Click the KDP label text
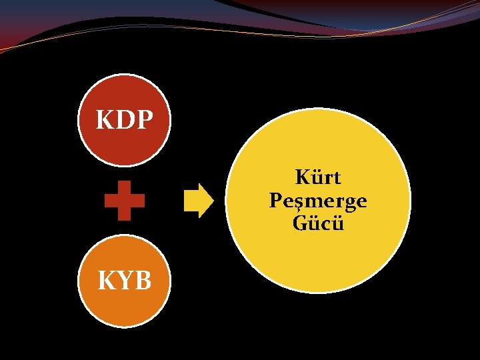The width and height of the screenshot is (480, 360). click(125, 120)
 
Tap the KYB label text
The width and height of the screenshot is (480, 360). click(125, 281)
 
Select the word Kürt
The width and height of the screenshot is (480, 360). click(318, 178)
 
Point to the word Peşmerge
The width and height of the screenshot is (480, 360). click(318, 201)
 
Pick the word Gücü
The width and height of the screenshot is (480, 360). click(318, 223)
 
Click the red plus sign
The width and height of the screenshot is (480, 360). click(125, 201)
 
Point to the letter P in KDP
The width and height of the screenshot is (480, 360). click(144, 120)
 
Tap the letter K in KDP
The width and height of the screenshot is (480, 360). click(105, 120)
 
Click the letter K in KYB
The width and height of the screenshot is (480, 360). click(107, 281)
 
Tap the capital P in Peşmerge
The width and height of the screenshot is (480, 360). click(276, 201)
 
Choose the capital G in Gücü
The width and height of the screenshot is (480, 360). click(300, 223)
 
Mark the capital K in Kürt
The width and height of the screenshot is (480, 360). click(302, 178)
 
